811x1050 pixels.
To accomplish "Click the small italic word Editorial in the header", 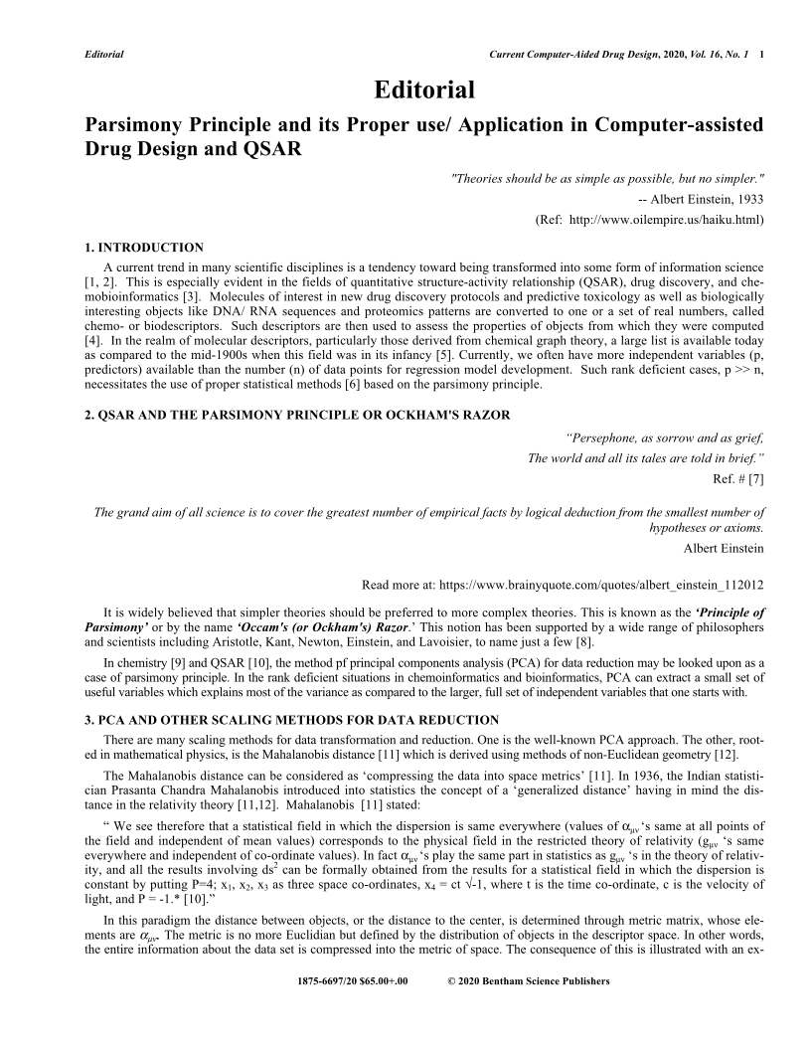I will [x=103, y=53].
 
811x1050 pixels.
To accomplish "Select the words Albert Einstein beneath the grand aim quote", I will [x=724, y=548].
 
